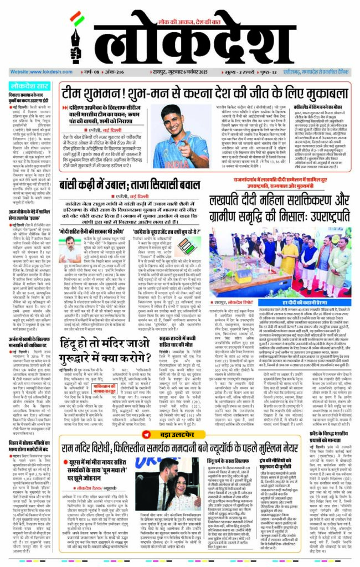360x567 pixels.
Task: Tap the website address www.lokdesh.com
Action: pyautogui.click(x=36, y=73)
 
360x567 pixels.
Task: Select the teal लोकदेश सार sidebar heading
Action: pyautogui.click(x=29, y=87)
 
